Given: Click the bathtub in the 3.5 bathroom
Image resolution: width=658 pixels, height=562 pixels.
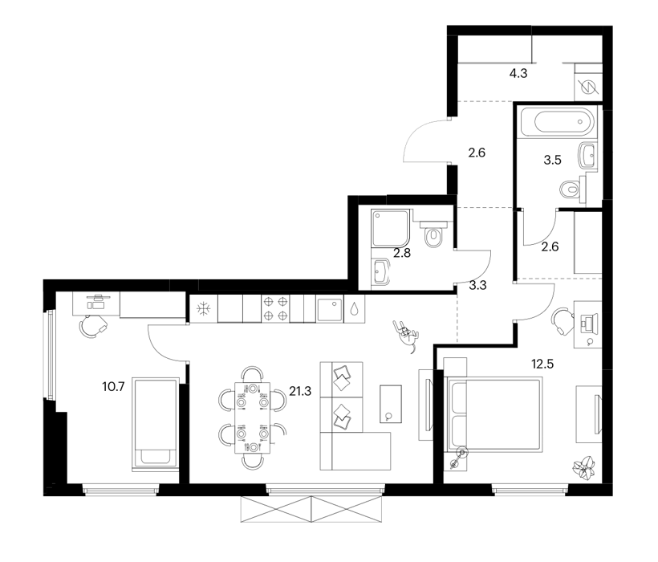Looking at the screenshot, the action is tap(557, 122).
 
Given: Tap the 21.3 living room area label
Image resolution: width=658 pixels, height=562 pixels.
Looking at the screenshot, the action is tap(300, 391).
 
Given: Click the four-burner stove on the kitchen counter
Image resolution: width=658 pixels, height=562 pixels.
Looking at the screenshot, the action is tap(275, 308).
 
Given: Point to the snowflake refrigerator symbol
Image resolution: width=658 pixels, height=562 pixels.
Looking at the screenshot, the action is tap(204, 309).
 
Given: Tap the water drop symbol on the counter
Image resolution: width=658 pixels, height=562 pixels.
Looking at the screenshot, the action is tap(354, 309).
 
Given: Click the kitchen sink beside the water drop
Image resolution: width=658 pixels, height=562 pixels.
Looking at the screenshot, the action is tap(330, 309).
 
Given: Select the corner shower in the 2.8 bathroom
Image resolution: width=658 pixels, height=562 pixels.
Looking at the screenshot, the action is tap(390, 228).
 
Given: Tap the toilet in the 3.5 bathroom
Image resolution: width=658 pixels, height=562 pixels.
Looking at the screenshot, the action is tap(572, 189).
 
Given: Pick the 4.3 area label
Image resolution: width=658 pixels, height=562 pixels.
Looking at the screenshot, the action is tap(518, 73).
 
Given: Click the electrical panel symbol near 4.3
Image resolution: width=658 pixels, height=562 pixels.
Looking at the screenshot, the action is tap(587, 87).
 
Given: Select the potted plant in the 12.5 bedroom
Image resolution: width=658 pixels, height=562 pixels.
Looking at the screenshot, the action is tap(583, 467).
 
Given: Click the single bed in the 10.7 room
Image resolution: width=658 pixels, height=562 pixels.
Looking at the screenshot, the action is tap(155, 424).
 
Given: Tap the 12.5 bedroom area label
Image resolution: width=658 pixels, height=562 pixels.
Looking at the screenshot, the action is tap(542, 364).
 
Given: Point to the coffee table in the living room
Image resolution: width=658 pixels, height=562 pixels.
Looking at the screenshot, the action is tap(391, 404).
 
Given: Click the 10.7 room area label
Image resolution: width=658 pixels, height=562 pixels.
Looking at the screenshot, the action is tap(113, 386).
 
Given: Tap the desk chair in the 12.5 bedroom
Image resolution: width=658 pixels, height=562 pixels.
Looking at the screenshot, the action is tap(563, 321).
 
